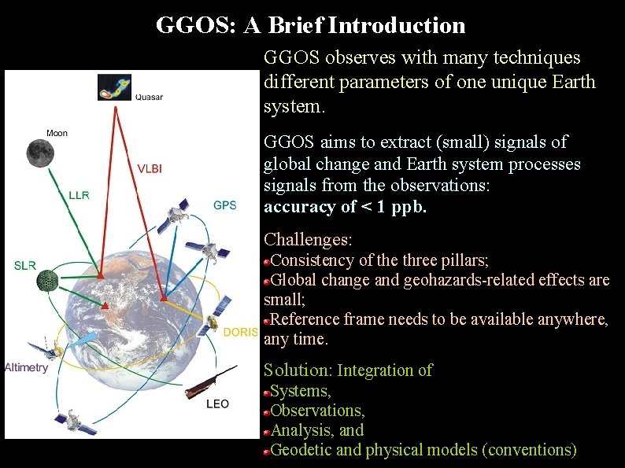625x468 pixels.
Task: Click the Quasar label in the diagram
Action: point(149,98)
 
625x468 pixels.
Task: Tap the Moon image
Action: point(39,153)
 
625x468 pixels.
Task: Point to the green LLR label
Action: point(79,195)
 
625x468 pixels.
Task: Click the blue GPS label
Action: point(224,205)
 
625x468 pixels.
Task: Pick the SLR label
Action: point(25,265)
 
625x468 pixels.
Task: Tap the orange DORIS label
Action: point(240,332)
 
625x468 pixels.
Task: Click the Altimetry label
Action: point(26,367)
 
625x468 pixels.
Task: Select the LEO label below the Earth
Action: point(217,404)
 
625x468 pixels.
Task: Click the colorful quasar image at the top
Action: point(115,87)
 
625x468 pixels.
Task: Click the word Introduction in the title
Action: point(397,25)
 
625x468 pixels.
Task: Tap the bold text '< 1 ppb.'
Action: point(392,208)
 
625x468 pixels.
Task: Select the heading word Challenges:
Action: point(308,239)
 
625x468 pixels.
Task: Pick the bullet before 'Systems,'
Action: point(267,391)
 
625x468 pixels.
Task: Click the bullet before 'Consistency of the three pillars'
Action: point(267,260)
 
